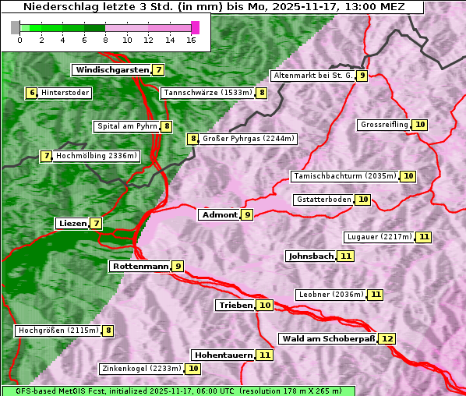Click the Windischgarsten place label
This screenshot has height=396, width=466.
click(111, 70)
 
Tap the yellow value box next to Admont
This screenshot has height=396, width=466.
click(247, 214)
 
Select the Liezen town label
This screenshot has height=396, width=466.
click(72, 224)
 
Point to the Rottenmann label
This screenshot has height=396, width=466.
click(140, 267)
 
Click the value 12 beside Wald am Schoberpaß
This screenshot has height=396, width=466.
click(387, 338)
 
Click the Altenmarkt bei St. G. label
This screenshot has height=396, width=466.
click(312, 76)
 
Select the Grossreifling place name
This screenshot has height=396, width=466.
click(385, 125)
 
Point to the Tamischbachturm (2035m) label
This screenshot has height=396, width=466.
click(344, 176)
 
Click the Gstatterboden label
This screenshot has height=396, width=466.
click(323, 200)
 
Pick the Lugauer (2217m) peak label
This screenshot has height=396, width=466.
click(380, 237)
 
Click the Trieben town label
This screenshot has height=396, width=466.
click(235, 306)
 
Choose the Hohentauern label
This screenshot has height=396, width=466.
click(224, 355)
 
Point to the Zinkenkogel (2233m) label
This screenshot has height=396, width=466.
click(141, 369)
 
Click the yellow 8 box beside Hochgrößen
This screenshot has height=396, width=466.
click(108, 331)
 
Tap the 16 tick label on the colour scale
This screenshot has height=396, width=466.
click(192, 40)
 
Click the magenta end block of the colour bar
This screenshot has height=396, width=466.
click(195, 27)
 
